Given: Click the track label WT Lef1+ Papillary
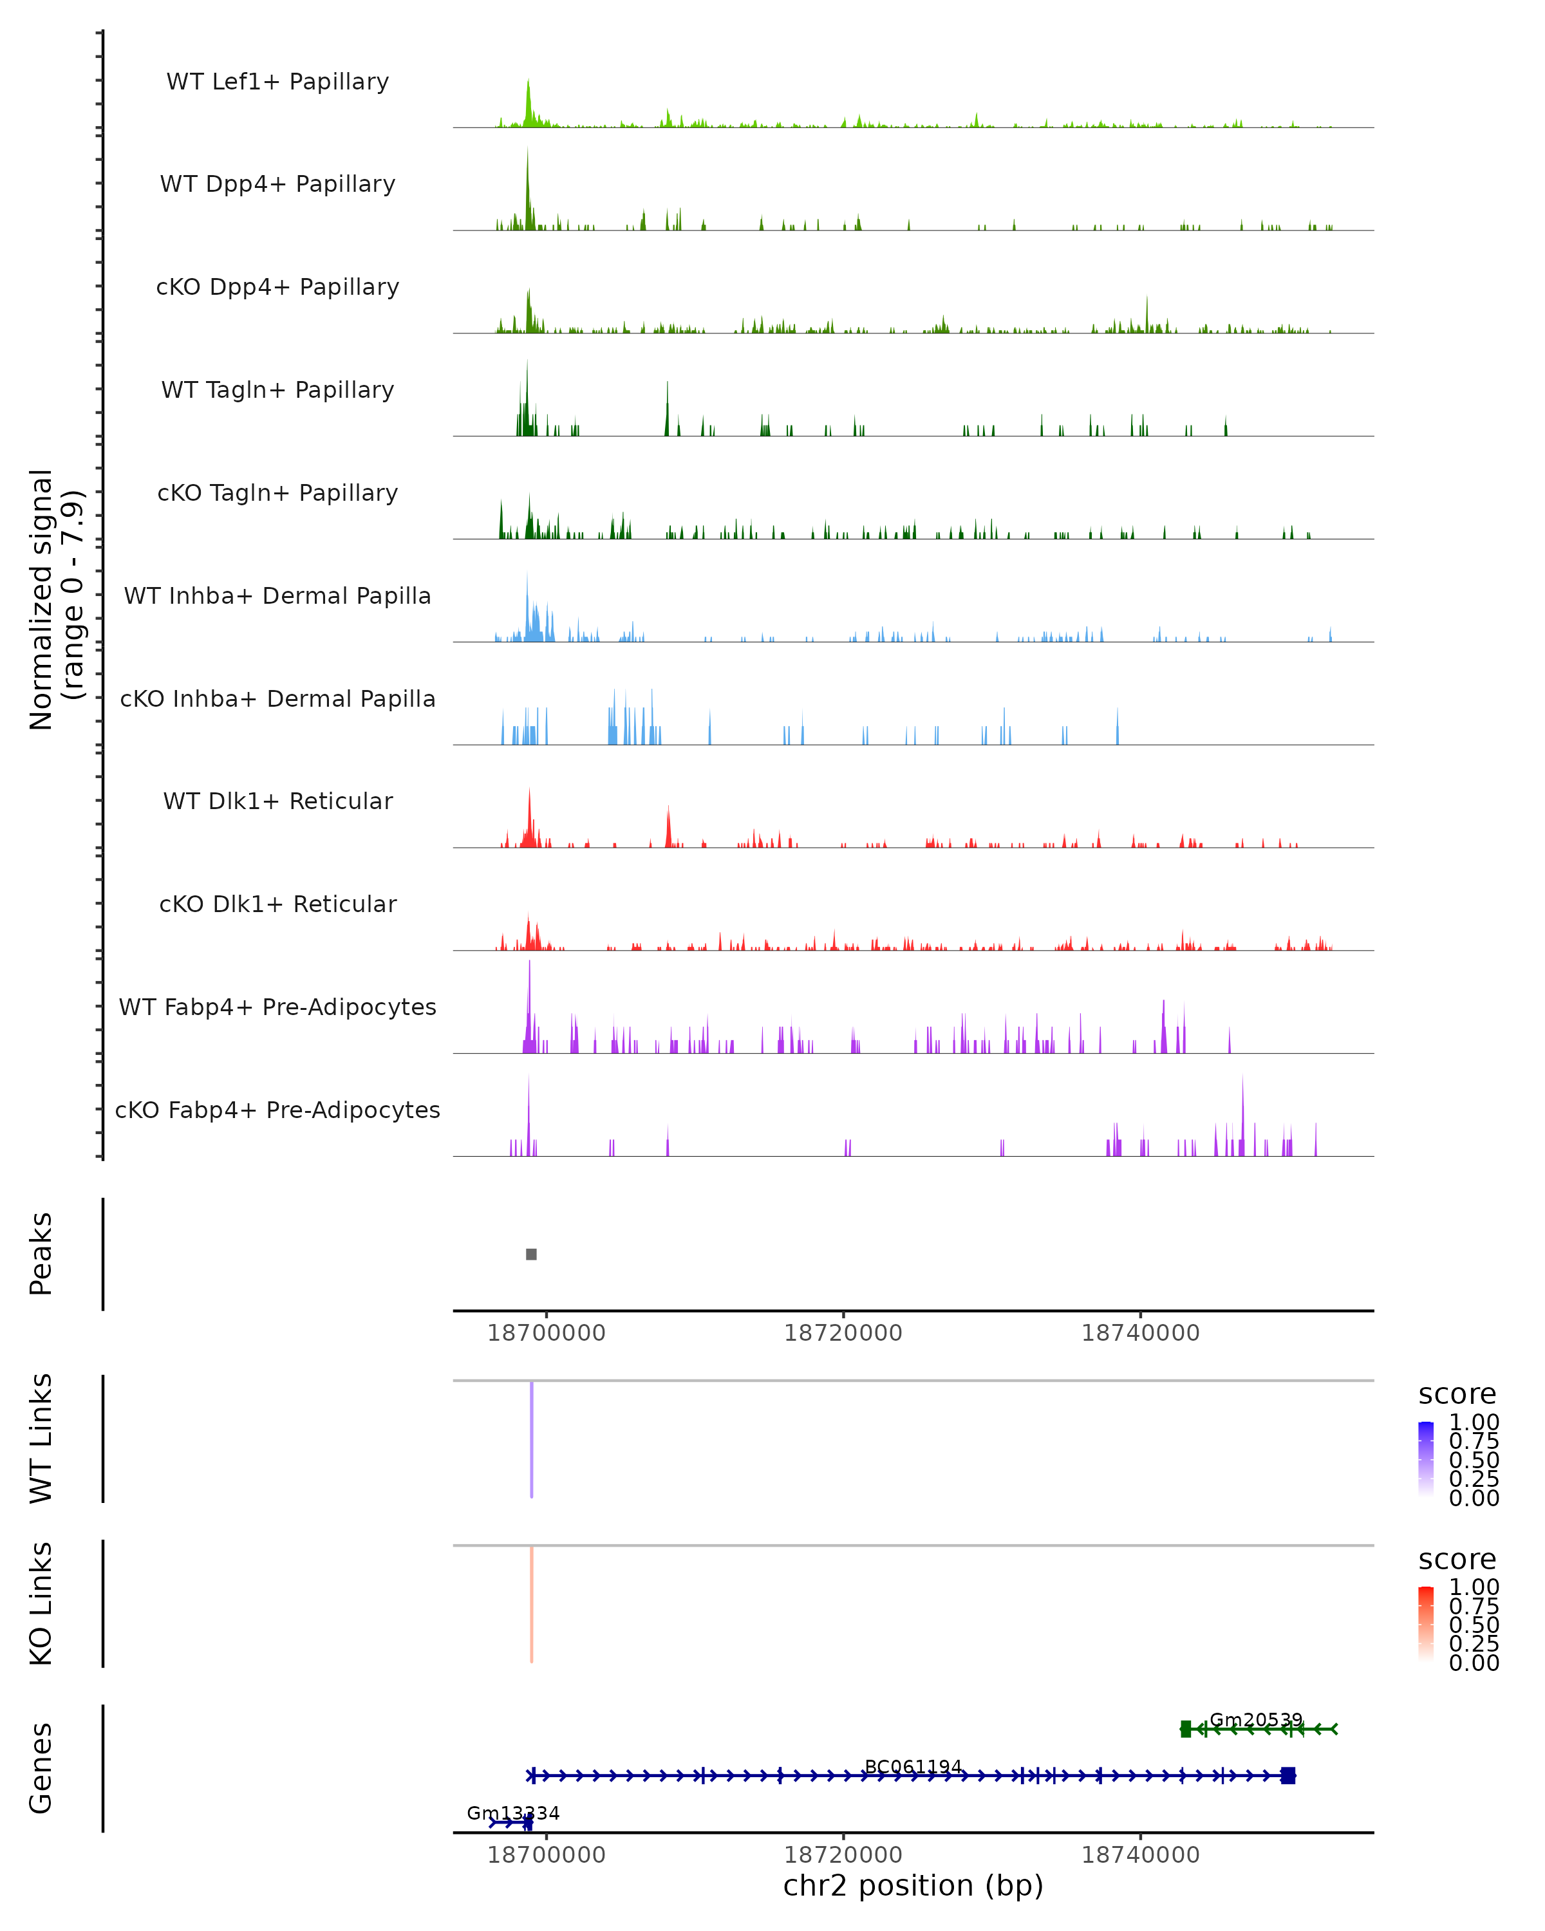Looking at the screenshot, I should click(277, 82).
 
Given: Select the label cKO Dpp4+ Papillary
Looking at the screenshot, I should click(277, 288).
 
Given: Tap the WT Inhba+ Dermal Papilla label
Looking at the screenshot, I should click(277, 597).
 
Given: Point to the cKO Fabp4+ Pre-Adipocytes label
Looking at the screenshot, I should click(277, 1110).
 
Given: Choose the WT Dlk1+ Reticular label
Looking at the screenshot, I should click(277, 801).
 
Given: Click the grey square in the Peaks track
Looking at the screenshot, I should click(531, 1254).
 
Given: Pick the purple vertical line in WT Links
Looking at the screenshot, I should click(531, 1439).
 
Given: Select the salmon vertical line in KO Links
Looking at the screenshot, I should click(531, 1604).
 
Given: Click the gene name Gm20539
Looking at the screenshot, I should click(1256, 1720).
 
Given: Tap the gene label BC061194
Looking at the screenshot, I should click(913, 1767).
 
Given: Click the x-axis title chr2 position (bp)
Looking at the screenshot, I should click(913, 1886).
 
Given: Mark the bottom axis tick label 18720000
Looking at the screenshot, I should click(843, 1855).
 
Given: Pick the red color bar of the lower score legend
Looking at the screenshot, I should click(1426, 1624).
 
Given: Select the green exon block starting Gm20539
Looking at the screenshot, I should click(1186, 1729).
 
